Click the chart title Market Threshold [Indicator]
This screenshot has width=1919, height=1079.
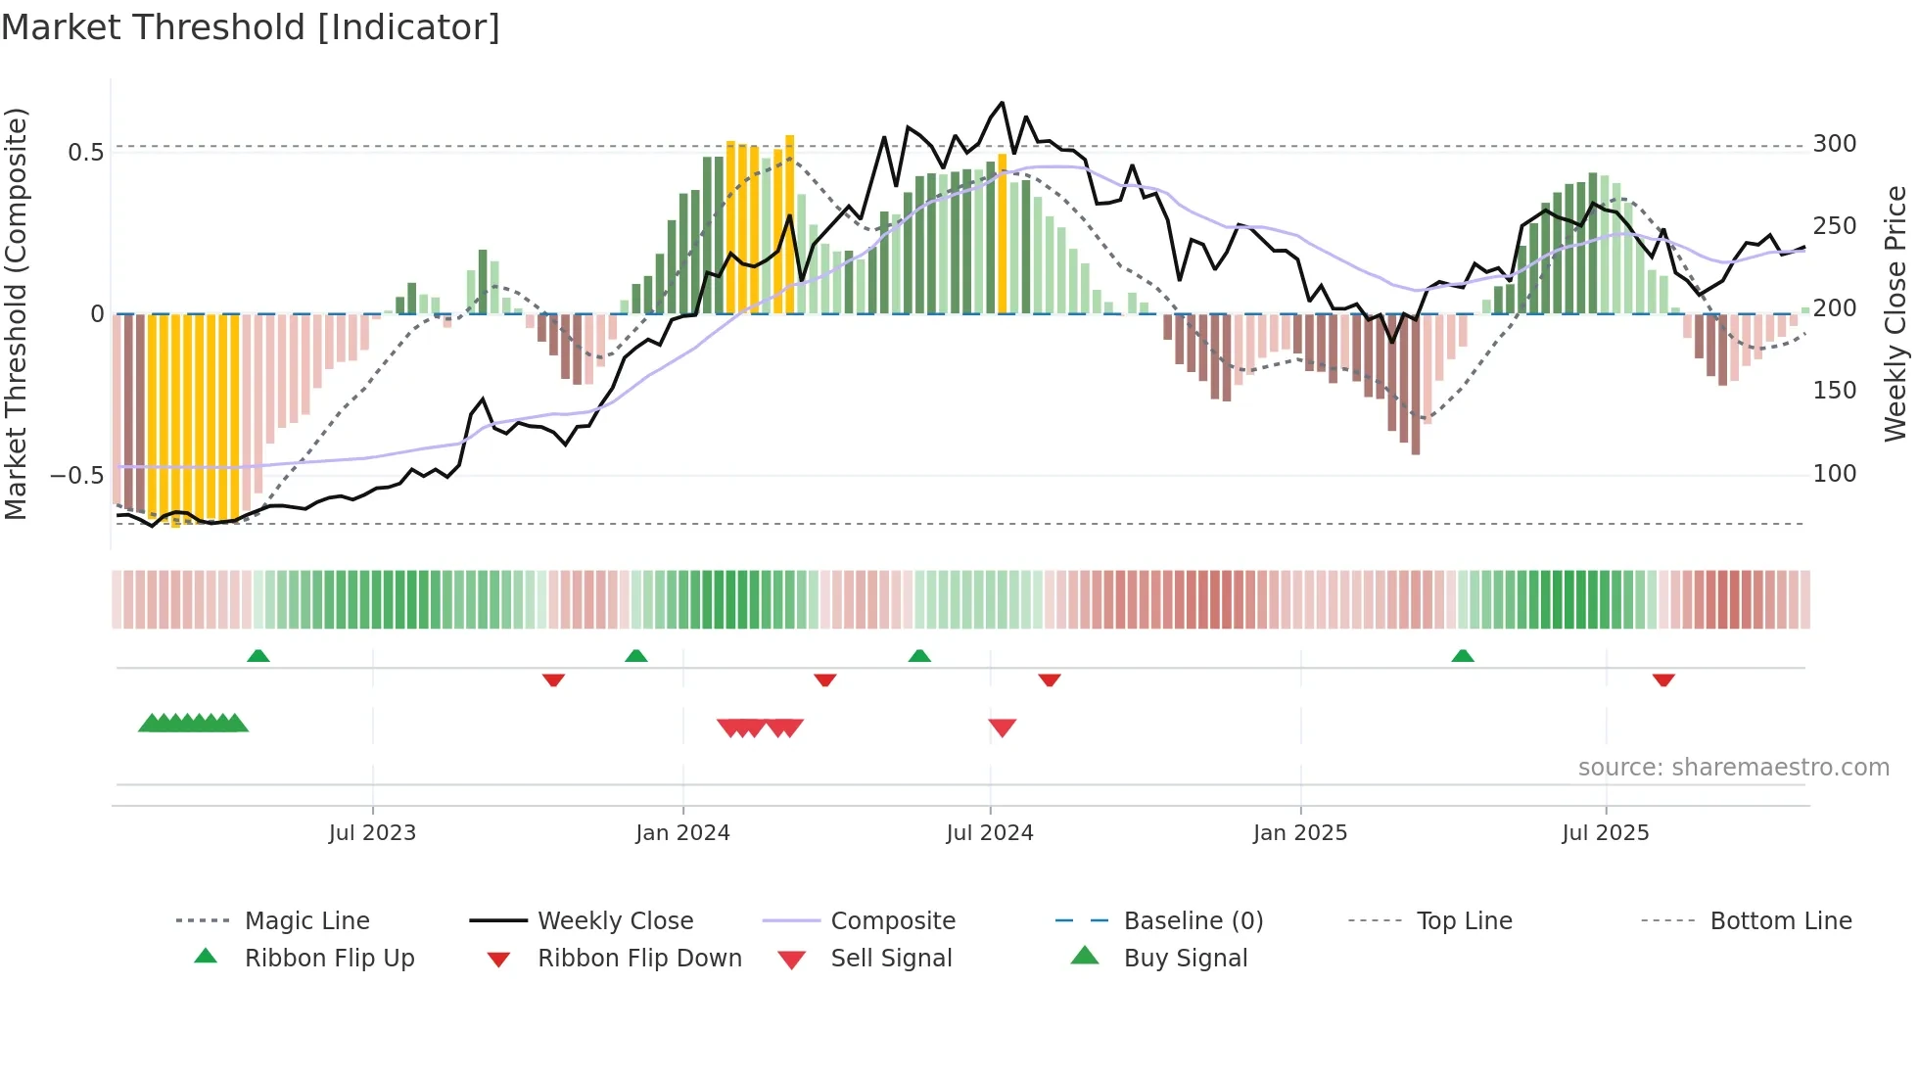(251, 27)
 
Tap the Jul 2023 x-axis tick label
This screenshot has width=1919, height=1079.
(372, 833)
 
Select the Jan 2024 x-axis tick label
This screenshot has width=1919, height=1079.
(682, 833)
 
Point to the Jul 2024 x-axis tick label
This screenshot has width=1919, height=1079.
(990, 833)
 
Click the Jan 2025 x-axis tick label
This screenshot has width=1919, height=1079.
(1300, 833)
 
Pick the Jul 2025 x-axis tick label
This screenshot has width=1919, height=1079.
(1606, 833)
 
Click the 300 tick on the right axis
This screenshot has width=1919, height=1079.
(1835, 144)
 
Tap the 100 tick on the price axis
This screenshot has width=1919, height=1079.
(1835, 474)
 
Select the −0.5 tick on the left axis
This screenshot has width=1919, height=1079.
(76, 476)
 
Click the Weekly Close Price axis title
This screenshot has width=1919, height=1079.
(1896, 313)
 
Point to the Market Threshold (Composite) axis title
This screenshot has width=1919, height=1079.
(16, 313)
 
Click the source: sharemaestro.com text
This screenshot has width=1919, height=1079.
(1733, 768)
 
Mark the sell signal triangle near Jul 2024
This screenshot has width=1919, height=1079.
(1003, 727)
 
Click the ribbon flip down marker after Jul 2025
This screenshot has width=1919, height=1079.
(1663, 680)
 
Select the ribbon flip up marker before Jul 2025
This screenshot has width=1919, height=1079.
(1463, 655)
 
